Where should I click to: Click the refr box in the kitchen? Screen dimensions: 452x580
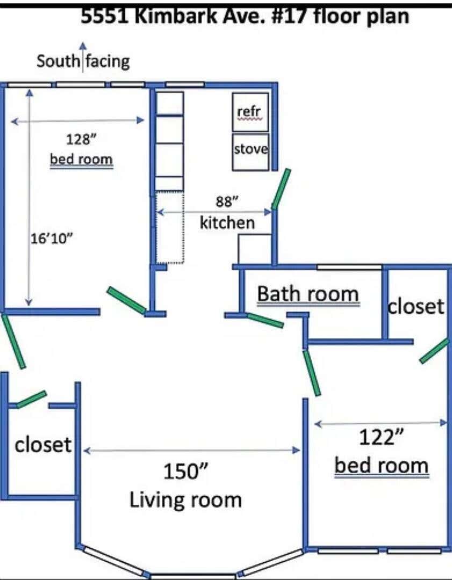coord(250,112)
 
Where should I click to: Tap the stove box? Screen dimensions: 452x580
coord(250,151)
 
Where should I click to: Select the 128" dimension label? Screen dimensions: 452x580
coord(82,140)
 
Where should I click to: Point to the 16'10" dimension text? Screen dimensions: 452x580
coord(51,238)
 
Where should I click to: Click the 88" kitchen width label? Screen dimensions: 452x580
coord(227,201)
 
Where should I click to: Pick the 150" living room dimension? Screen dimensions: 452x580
coord(185,472)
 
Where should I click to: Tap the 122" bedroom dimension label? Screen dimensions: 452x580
coord(381,438)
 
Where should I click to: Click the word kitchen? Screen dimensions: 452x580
coord(227,223)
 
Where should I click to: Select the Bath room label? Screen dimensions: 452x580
coord(308,294)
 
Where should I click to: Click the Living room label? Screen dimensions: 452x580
coord(185,500)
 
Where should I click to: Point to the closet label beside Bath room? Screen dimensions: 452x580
coord(415,306)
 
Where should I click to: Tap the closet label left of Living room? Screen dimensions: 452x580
coord(43,445)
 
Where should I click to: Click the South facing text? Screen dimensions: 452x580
coord(83,61)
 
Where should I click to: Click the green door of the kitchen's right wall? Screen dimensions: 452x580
coord(281,189)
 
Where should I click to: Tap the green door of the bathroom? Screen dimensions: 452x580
coord(265,320)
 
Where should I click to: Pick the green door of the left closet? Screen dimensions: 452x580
coord(32,399)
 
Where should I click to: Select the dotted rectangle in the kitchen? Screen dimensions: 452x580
coord(170,228)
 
